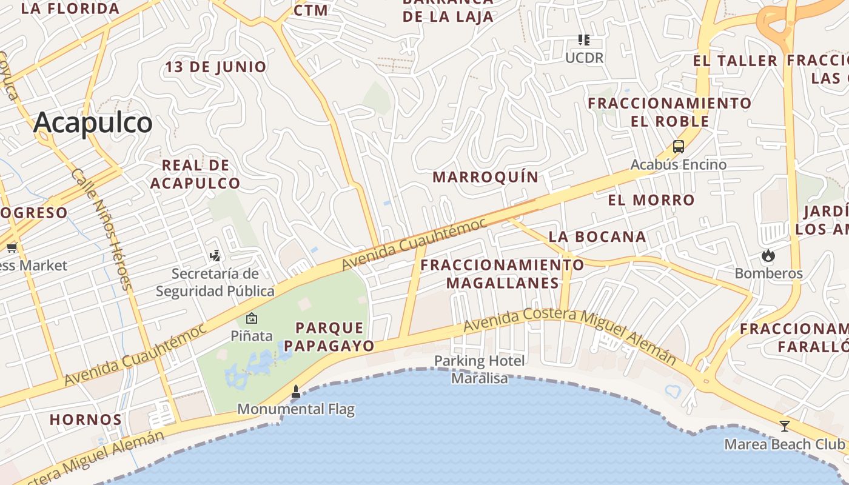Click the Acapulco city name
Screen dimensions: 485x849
pos(93,123)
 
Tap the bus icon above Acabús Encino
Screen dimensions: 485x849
pos(678,147)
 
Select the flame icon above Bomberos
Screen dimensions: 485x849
pos(768,255)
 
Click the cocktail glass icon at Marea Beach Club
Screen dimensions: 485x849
pos(784,426)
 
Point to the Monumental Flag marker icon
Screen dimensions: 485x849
pos(296,392)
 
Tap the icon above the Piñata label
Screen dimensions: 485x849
pos(251,318)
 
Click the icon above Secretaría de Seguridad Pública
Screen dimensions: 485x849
pos(215,255)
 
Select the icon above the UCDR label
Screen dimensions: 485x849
pos(584,40)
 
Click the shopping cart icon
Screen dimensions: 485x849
pos(12,247)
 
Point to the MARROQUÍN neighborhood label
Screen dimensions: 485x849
pos(485,177)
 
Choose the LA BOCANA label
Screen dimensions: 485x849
pos(597,237)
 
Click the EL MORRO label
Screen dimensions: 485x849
pos(651,200)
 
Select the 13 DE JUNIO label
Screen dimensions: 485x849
pos(216,67)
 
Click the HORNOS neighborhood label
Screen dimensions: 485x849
pos(86,420)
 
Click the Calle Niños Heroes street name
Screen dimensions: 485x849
pos(101,229)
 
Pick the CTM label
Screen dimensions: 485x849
pos(311,10)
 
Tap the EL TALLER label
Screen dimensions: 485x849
pos(735,61)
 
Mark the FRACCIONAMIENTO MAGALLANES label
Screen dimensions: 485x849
pos(502,274)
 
